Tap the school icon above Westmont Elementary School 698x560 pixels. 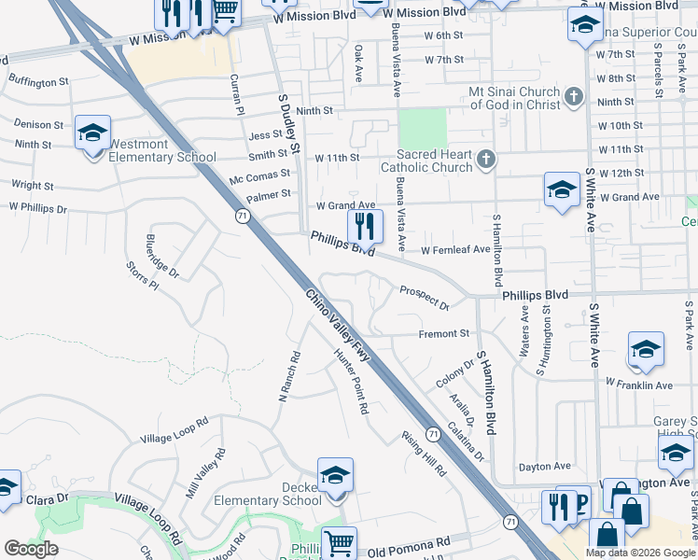point(92,134)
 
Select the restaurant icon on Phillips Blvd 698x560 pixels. point(365,226)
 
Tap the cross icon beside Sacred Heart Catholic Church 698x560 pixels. point(484,160)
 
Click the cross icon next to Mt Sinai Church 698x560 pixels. point(573,95)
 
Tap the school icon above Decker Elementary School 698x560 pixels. point(335,476)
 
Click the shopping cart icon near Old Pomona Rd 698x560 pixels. point(338,543)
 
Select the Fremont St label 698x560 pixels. point(443,333)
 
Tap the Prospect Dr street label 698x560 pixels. point(425,298)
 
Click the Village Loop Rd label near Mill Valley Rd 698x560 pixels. point(174,432)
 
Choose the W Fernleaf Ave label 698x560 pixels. point(454,250)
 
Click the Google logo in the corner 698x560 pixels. point(31,549)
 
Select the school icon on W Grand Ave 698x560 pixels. point(562,189)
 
